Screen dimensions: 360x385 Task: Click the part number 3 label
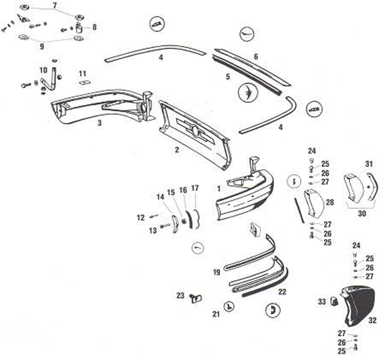[99, 123]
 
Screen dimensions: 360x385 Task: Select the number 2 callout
[177, 150]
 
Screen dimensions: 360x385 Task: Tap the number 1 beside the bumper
[219, 188]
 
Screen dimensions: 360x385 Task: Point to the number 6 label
[256, 56]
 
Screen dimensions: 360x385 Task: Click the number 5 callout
[228, 77]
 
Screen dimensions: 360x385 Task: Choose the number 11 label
[83, 74]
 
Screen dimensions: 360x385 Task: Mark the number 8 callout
[94, 27]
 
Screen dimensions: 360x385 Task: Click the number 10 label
[43, 70]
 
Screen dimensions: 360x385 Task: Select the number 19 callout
[216, 272]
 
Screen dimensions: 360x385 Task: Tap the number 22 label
[282, 292]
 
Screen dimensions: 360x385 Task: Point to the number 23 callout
[181, 295]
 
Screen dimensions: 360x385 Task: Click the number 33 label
[322, 302]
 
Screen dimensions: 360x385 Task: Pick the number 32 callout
[372, 320]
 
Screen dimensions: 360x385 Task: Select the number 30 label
[362, 214]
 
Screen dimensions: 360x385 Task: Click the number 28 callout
[330, 202]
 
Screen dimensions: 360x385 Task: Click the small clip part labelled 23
[195, 298]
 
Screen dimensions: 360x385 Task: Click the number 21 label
[216, 314]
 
